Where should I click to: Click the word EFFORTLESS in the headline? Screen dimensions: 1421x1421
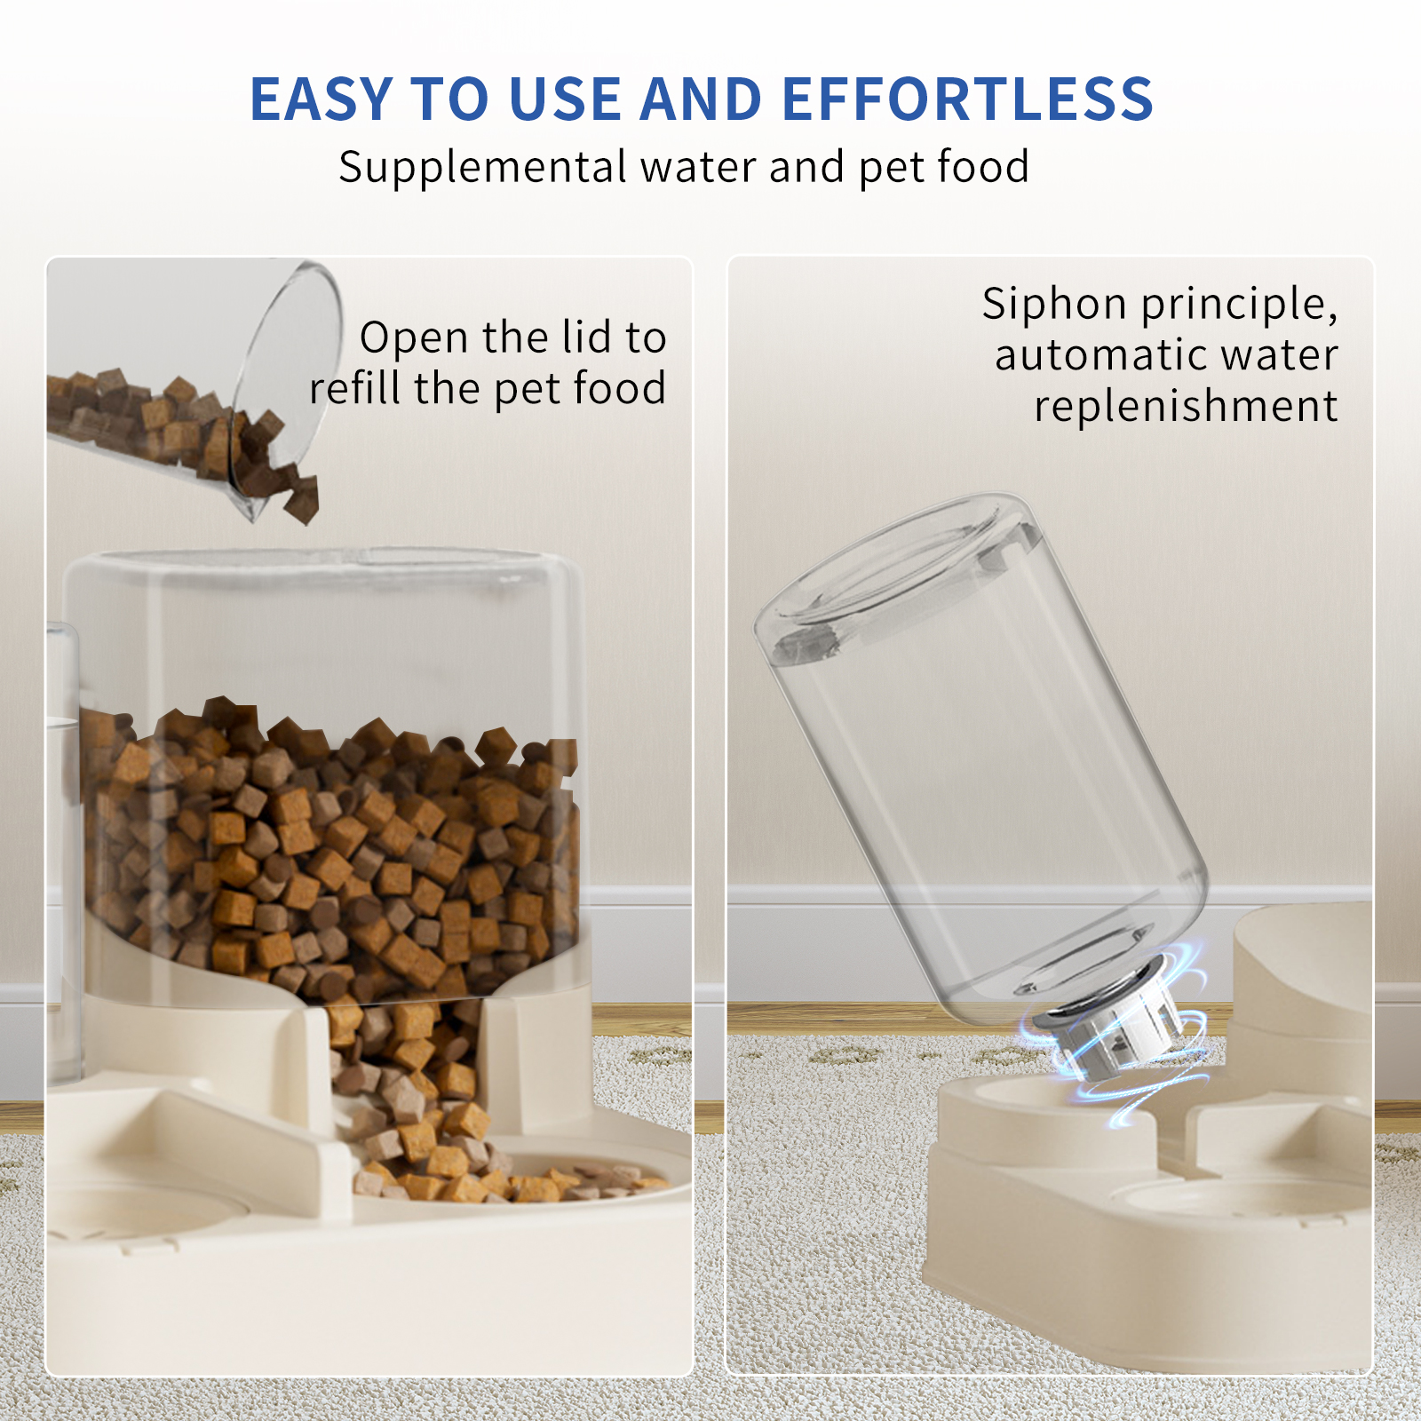click(967, 99)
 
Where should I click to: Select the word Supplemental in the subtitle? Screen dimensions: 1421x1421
click(482, 167)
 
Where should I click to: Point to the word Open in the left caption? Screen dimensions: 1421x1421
click(413, 338)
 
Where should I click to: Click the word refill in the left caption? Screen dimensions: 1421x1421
click(354, 388)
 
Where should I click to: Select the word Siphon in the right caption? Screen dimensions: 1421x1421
click(1054, 305)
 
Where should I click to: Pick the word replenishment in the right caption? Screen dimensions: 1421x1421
click(1186, 406)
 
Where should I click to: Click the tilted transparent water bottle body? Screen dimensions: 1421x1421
click(986, 782)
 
